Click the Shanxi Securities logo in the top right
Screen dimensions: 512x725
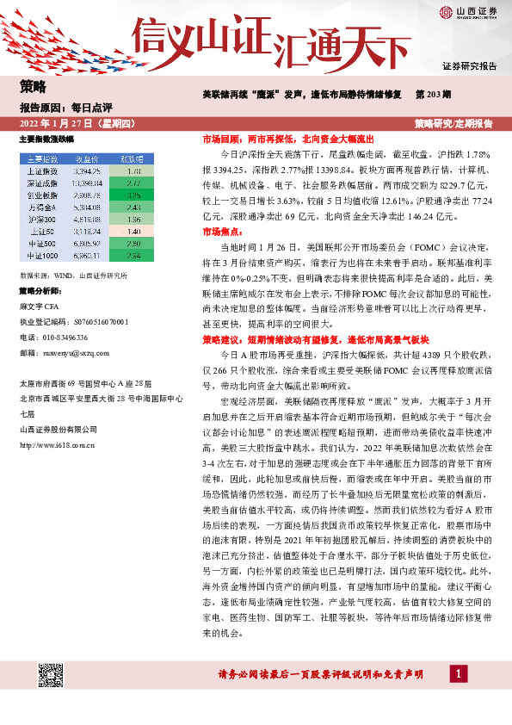[468, 12]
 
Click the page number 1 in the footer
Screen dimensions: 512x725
[460, 673]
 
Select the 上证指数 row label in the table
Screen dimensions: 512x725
[41, 171]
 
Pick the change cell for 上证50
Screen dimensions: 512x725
[133, 232]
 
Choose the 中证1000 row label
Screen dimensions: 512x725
[41, 256]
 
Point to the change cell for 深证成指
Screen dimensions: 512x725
[133, 183]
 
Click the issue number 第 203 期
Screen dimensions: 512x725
[435, 93]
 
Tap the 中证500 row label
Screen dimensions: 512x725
[41, 244]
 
